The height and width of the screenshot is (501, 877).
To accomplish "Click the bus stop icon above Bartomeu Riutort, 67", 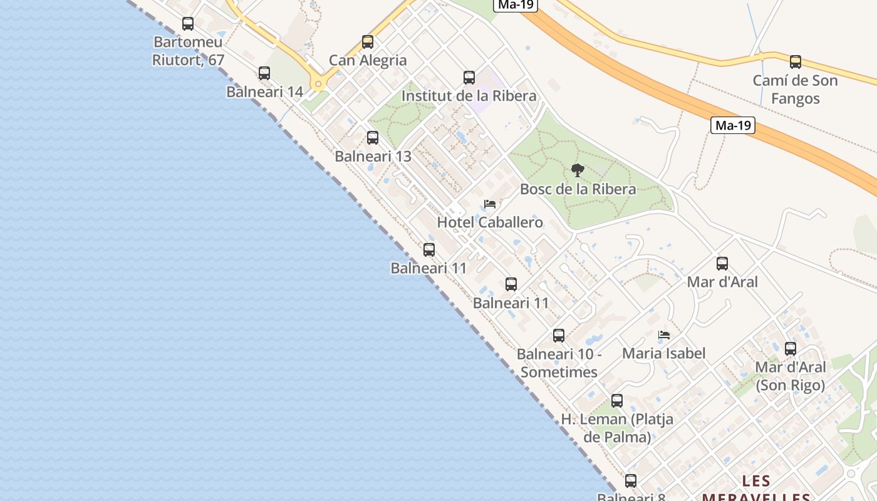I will tap(188, 24).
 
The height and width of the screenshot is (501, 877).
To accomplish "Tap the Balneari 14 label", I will tap(264, 92).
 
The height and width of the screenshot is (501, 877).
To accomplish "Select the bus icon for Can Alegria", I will tap(368, 43).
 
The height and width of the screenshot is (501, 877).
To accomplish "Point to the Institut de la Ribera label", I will tap(469, 96).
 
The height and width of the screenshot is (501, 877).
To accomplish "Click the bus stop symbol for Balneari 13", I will tap(373, 138).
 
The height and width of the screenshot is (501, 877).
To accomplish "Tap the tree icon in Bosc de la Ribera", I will tap(578, 170).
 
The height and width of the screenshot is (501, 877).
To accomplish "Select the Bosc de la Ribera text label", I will tap(578, 189).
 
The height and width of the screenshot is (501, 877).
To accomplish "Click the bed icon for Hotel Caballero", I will tap(490, 204).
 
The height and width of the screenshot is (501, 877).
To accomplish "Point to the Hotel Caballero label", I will tap(490, 222).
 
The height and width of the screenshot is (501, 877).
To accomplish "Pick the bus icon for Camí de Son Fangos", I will tap(795, 62).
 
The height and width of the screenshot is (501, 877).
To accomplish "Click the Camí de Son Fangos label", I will tap(795, 90).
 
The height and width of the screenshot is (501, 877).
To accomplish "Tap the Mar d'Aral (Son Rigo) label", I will tap(790, 376).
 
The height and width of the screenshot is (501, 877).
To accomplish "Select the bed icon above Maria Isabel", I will tap(664, 335).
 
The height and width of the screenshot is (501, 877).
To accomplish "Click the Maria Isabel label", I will tap(663, 353).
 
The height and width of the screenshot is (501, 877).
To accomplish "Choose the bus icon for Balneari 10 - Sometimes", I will tap(559, 336).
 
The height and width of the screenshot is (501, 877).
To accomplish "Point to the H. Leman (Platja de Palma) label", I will tap(617, 428).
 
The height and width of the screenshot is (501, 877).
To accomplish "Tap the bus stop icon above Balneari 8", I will tap(631, 481).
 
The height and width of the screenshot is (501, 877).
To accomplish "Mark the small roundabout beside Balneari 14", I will tap(318, 84).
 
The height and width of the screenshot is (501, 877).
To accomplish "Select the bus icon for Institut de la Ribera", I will tap(469, 78).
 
